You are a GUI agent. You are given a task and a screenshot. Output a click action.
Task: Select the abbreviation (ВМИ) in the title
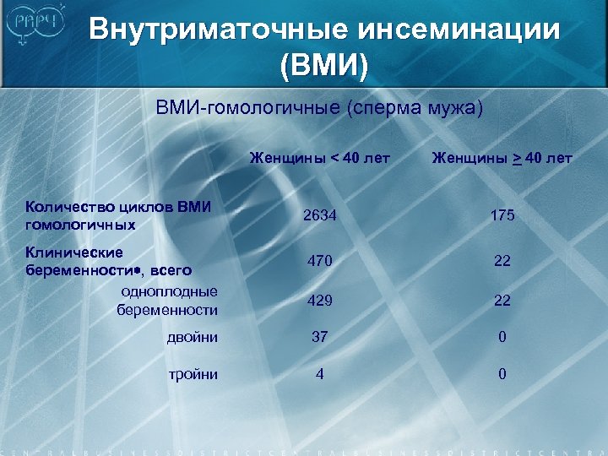click(x=325, y=66)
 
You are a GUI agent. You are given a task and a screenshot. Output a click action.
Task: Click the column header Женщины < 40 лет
click(x=319, y=158)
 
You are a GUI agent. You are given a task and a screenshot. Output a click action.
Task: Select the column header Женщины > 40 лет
click(x=502, y=158)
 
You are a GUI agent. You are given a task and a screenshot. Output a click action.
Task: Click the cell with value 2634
click(x=320, y=215)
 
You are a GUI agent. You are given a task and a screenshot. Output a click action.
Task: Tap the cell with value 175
click(x=502, y=215)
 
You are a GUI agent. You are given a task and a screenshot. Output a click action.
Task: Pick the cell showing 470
click(x=319, y=263)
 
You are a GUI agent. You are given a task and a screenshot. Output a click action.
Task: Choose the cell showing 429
click(x=319, y=300)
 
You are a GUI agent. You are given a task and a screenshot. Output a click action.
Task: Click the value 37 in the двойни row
click(x=319, y=337)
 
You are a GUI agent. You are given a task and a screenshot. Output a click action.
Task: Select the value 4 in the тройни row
click(x=319, y=374)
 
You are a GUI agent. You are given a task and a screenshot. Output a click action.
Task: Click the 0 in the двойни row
click(x=502, y=337)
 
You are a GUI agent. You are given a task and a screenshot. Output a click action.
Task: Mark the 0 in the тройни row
click(x=502, y=374)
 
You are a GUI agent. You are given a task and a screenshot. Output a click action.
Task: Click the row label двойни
click(x=193, y=337)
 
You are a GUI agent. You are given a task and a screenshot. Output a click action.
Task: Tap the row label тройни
click(x=193, y=374)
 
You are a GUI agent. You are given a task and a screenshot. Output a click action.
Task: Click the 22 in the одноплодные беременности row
click(x=502, y=300)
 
